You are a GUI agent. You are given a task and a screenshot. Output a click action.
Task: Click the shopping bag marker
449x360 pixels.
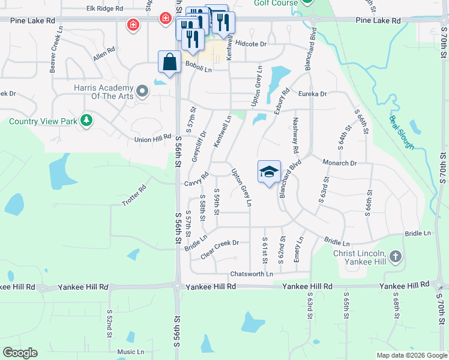pyautogui.click(x=169, y=61)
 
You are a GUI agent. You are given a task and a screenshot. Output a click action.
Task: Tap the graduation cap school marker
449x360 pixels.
pyautogui.click(x=269, y=172)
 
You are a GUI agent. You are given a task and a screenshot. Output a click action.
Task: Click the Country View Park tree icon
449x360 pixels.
pyautogui.click(x=86, y=121)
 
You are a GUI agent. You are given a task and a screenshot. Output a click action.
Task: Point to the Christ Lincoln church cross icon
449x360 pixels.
pyautogui.click(x=395, y=257)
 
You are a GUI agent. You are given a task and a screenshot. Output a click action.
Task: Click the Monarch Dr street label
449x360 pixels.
pyautogui.click(x=340, y=163)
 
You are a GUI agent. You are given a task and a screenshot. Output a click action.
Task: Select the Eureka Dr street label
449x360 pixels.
pyautogui.click(x=315, y=94)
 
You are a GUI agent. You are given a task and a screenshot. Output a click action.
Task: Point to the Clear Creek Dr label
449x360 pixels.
pyautogui.click(x=220, y=247)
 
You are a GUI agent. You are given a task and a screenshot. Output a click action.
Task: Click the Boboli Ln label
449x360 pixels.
pyautogui.click(x=198, y=66)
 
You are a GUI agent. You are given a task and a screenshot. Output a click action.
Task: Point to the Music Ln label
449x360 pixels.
pyautogui.click(x=130, y=352)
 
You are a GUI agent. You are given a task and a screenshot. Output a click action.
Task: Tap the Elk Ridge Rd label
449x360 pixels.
pyautogui.click(x=104, y=8)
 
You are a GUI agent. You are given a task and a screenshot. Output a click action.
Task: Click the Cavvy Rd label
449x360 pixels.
pyautogui.click(x=196, y=179)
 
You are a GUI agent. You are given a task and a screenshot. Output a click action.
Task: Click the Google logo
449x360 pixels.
pyautogui.click(x=20, y=353)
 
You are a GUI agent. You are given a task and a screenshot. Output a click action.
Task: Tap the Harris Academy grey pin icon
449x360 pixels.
pyautogui.click(x=142, y=91)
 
